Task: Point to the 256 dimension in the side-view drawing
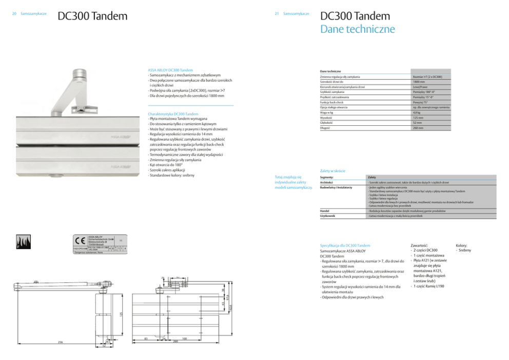click(x=61, y=341)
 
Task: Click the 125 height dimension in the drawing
click(x=121, y=313)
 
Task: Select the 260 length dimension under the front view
click(x=175, y=341)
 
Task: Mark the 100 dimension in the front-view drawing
click(x=184, y=337)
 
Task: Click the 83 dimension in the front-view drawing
click(x=146, y=337)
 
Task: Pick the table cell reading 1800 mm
click(x=419, y=82)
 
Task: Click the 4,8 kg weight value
click(x=417, y=112)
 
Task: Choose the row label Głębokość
click(x=327, y=123)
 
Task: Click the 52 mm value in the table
click(x=417, y=123)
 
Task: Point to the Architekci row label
click(x=327, y=182)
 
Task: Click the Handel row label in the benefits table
click(x=325, y=211)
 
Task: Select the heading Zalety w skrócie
click(x=332, y=170)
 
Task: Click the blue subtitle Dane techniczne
click(x=357, y=29)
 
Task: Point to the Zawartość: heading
click(x=421, y=245)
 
